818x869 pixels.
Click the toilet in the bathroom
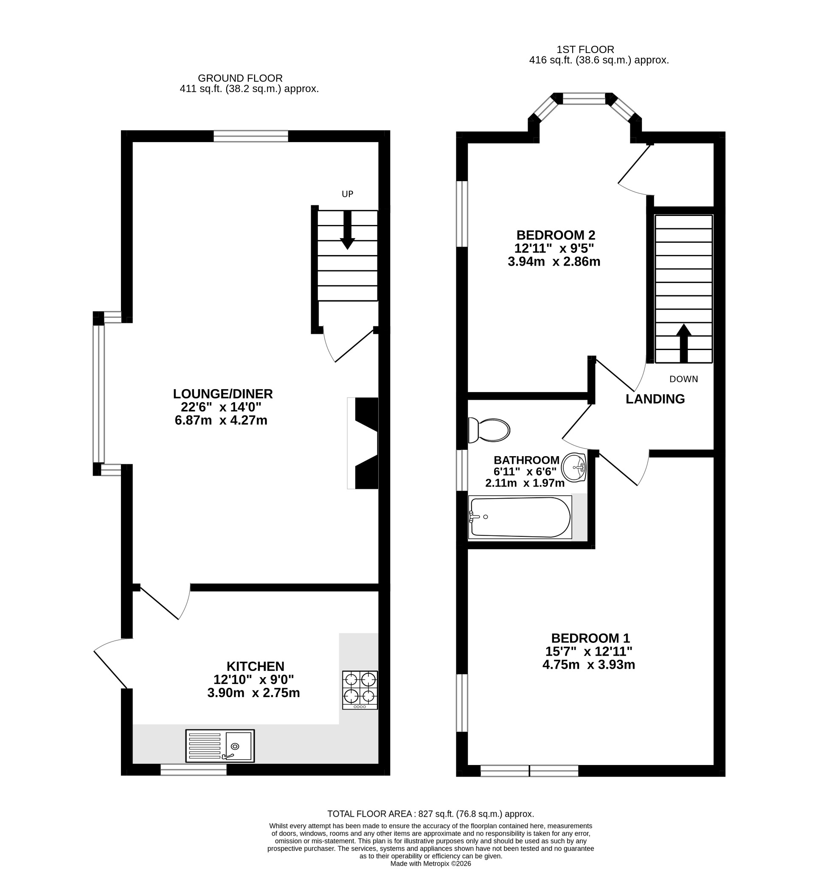(489, 431)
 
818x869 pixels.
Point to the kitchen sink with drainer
(220, 746)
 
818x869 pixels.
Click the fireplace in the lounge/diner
(363, 443)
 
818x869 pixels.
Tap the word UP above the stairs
(348, 194)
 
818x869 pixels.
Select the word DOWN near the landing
(684, 379)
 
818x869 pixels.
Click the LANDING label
(655, 399)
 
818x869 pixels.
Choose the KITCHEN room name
(255, 666)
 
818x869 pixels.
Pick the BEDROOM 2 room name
(556, 235)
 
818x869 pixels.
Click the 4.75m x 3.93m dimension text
(588, 665)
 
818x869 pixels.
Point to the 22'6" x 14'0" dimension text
(221, 407)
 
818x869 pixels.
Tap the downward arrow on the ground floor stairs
(347, 230)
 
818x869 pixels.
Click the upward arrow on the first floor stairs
(684, 343)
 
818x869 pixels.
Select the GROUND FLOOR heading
(240, 78)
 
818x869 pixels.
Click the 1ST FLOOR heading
(585, 49)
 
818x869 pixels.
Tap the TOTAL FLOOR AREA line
(430, 814)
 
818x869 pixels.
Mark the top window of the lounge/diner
(251, 136)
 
